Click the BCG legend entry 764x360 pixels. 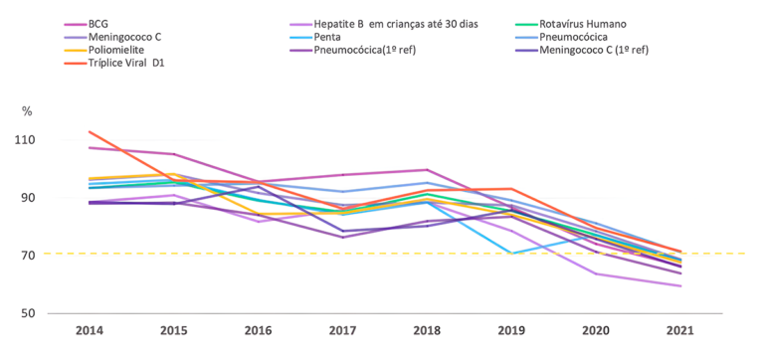click(x=98, y=23)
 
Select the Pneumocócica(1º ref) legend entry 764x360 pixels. click(x=389, y=50)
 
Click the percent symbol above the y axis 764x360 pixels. click(x=27, y=109)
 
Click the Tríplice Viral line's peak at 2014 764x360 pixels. click(x=90, y=131)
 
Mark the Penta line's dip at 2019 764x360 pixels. click(x=511, y=254)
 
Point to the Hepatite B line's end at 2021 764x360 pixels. click(x=679, y=286)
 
